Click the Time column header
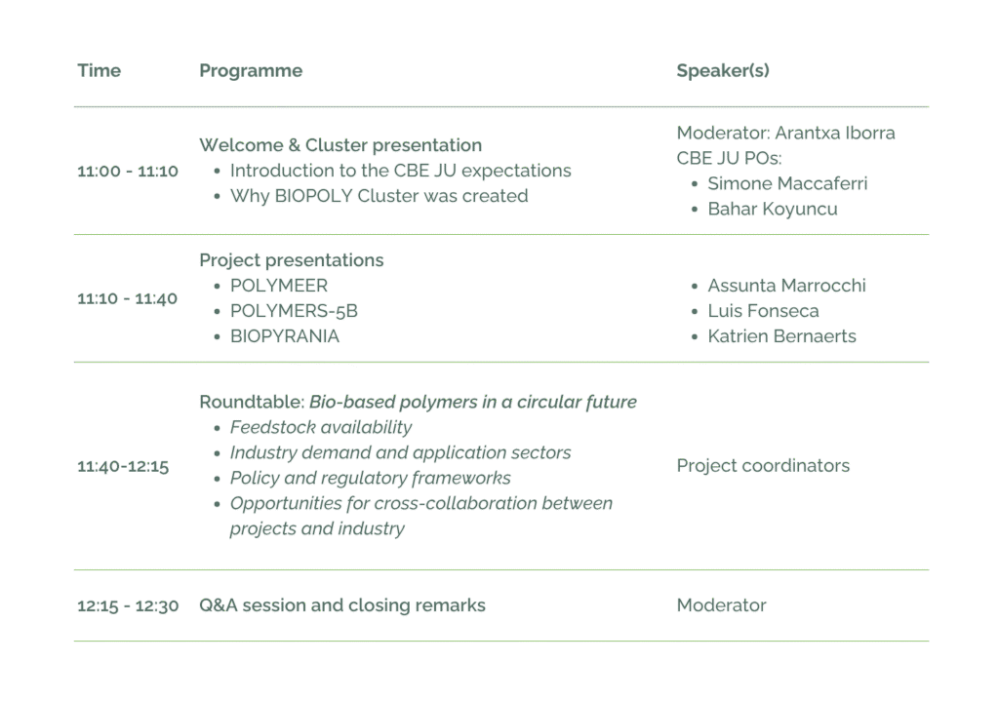click(99, 71)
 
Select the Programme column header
click(251, 71)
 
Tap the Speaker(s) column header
click(723, 71)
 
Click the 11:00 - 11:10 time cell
click(128, 172)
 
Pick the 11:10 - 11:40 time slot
click(128, 298)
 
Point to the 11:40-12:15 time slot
click(123, 466)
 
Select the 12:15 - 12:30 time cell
click(128, 606)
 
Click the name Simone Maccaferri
click(787, 184)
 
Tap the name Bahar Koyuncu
click(772, 210)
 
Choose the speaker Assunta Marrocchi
click(786, 286)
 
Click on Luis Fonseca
click(763, 311)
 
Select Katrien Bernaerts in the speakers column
click(781, 336)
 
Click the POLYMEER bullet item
click(279, 286)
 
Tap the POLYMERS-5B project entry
click(294, 311)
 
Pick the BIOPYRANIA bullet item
click(285, 336)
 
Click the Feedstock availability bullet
click(321, 428)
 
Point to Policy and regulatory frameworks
click(370, 479)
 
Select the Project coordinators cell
click(763, 466)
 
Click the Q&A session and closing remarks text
click(342, 605)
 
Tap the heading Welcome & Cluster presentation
click(340, 145)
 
